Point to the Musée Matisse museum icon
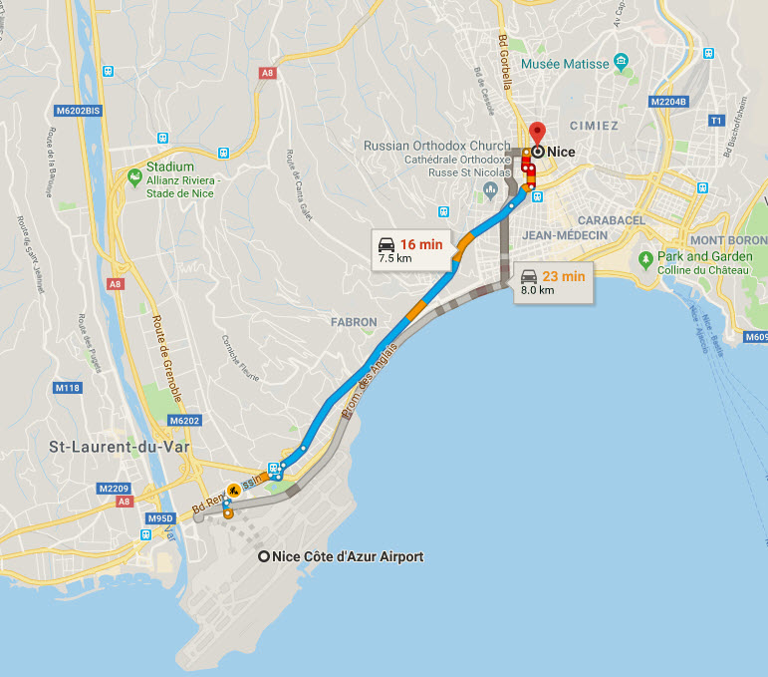coord(623,63)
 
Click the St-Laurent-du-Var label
coord(121,447)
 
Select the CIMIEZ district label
coord(594,126)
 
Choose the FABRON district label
coord(354,322)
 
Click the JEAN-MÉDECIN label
coord(563,234)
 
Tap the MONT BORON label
coord(728,240)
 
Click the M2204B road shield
coord(668,102)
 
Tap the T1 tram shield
coord(714,120)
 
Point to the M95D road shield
coord(160,518)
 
